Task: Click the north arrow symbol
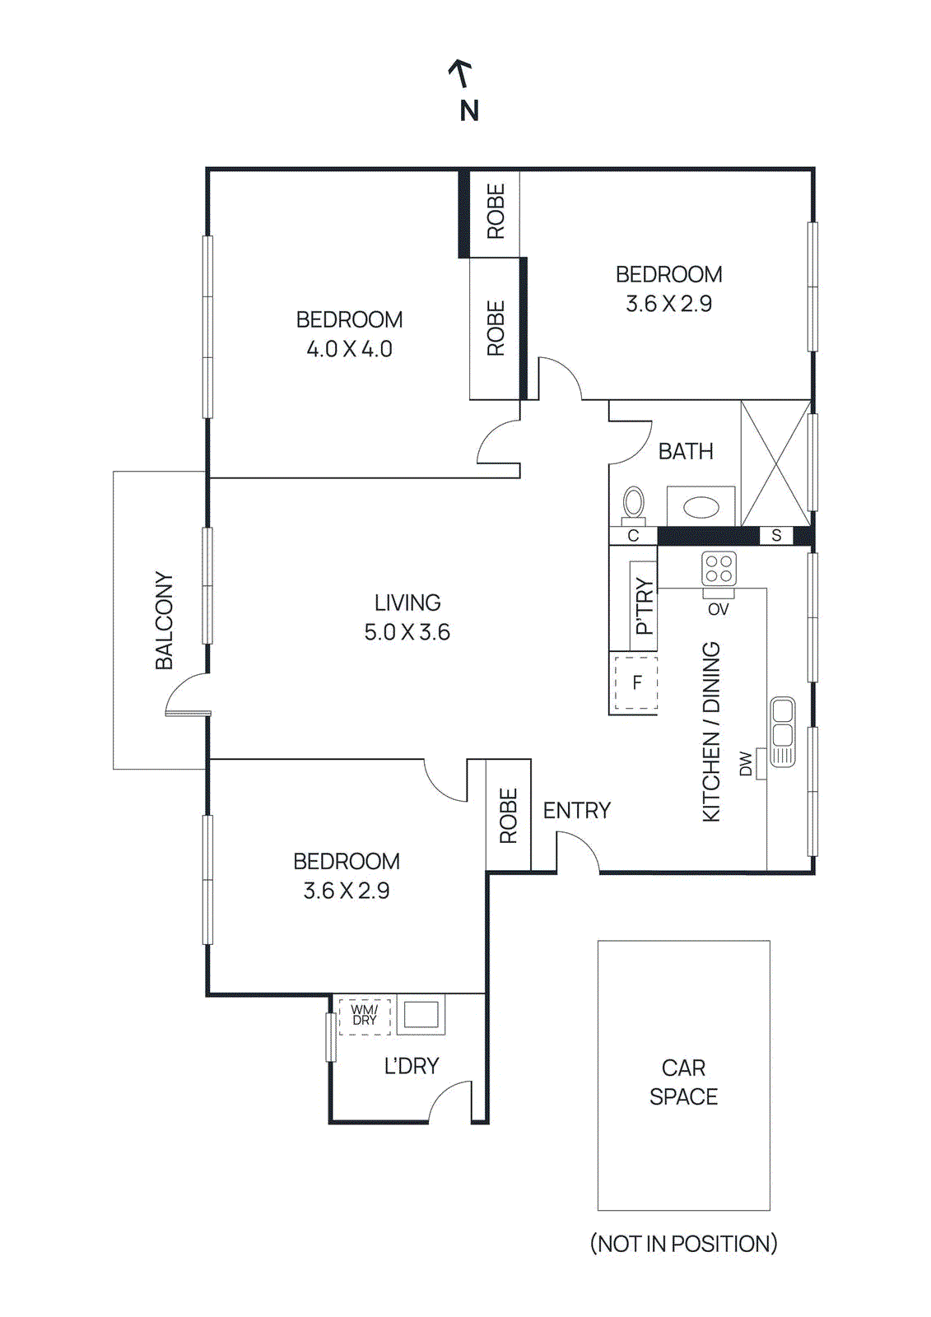462,73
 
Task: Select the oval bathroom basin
701,506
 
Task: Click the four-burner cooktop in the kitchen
719,569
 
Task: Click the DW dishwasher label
746,763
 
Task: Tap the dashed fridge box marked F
635,682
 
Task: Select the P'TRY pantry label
645,607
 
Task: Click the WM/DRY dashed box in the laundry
364,1015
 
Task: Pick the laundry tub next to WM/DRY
421,1014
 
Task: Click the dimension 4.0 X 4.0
349,349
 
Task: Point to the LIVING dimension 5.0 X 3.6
407,632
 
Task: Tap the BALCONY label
165,620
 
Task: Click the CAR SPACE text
683,1082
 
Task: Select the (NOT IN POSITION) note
683,1243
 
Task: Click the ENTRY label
576,811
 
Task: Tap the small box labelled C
633,536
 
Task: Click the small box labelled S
775,536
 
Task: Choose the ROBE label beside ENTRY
508,816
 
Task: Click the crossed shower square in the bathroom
775,463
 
